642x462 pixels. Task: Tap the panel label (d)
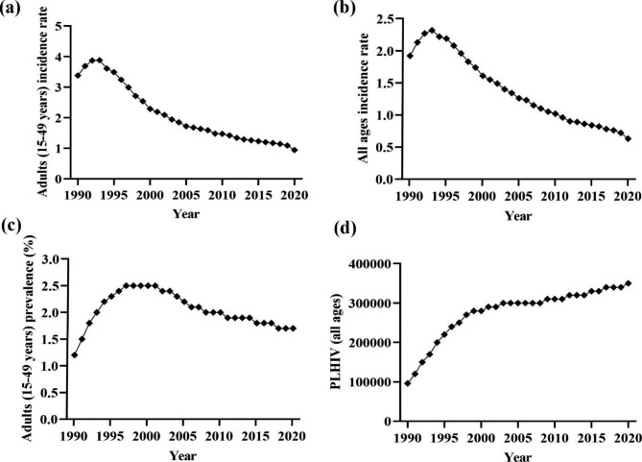(x=339, y=253)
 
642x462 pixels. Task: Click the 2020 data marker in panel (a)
(x=294, y=150)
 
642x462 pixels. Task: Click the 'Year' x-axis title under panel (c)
(x=183, y=453)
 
